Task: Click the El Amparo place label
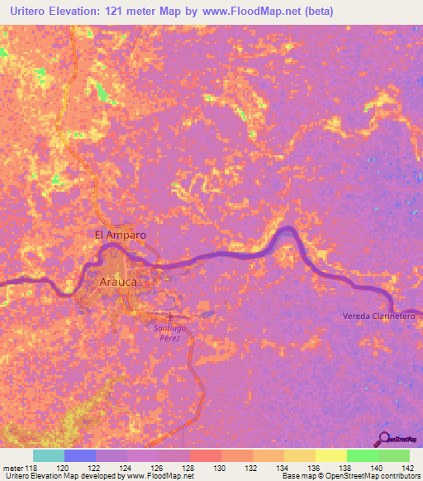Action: pos(121,235)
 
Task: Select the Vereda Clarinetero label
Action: pos(382,317)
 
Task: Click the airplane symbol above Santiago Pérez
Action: pos(170,317)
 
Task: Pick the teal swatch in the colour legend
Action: pos(49,455)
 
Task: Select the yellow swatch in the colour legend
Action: pos(330,455)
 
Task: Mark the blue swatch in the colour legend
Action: pos(80,455)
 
